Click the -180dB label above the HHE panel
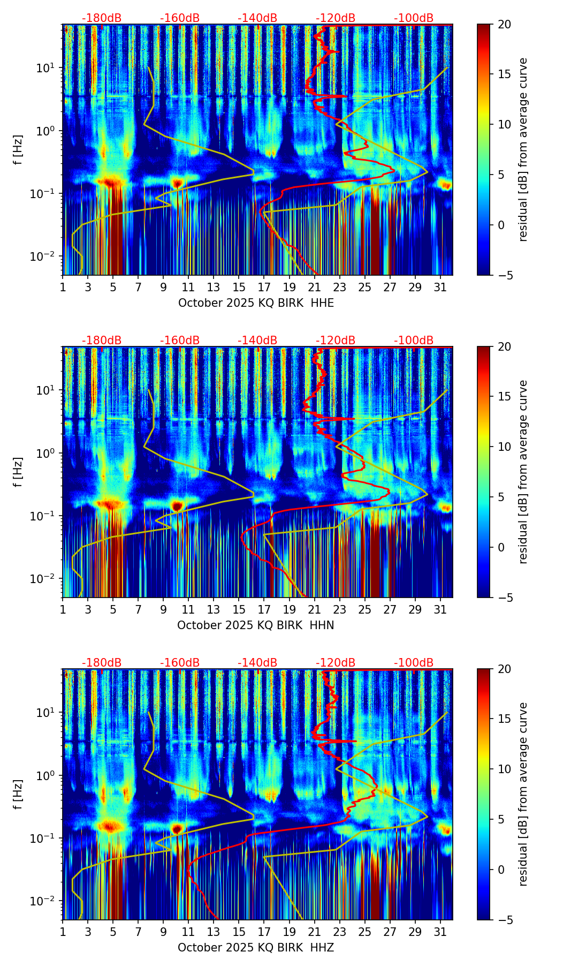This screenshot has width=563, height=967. coord(102,18)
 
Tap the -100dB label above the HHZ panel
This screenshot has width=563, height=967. coord(414,663)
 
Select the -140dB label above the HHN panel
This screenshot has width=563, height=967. coord(257,341)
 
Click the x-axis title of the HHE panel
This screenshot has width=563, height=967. coord(256,303)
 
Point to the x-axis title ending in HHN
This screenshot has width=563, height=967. coord(256,625)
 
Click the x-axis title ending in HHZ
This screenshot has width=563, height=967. coord(256,948)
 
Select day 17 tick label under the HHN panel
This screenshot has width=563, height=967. coord(264,610)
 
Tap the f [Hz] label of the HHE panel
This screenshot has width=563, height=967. coord(19,150)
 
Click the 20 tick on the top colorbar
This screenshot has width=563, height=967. coord(504,25)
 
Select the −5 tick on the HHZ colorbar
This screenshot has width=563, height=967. coord(504,920)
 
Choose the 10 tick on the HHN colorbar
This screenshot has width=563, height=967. coord(504,447)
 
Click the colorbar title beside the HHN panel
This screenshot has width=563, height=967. coord(523,472)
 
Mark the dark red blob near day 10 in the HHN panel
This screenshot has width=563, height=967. coord(177,505)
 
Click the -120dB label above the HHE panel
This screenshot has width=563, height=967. coord(336,18)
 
